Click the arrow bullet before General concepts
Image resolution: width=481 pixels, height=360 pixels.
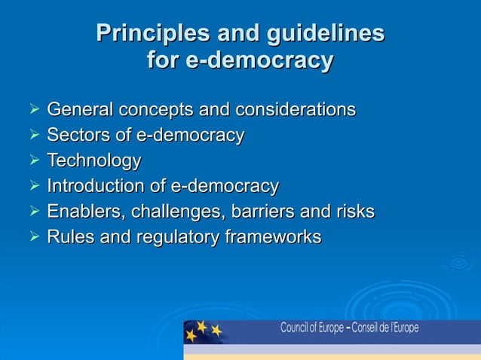[x=33, y=111]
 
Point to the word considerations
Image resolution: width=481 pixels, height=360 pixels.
[x=296, y=110]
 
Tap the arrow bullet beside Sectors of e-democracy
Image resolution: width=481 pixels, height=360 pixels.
[x=33, y=136]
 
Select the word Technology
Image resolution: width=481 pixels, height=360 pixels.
[x=94, y=161]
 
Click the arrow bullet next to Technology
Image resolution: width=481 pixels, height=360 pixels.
[x=33, y=161]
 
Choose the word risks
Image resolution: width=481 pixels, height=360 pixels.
[x=354, y=212]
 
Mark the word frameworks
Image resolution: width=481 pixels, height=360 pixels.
[x=274, y=237]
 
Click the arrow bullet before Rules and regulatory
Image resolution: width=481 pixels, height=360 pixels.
[x=33, y=237]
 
